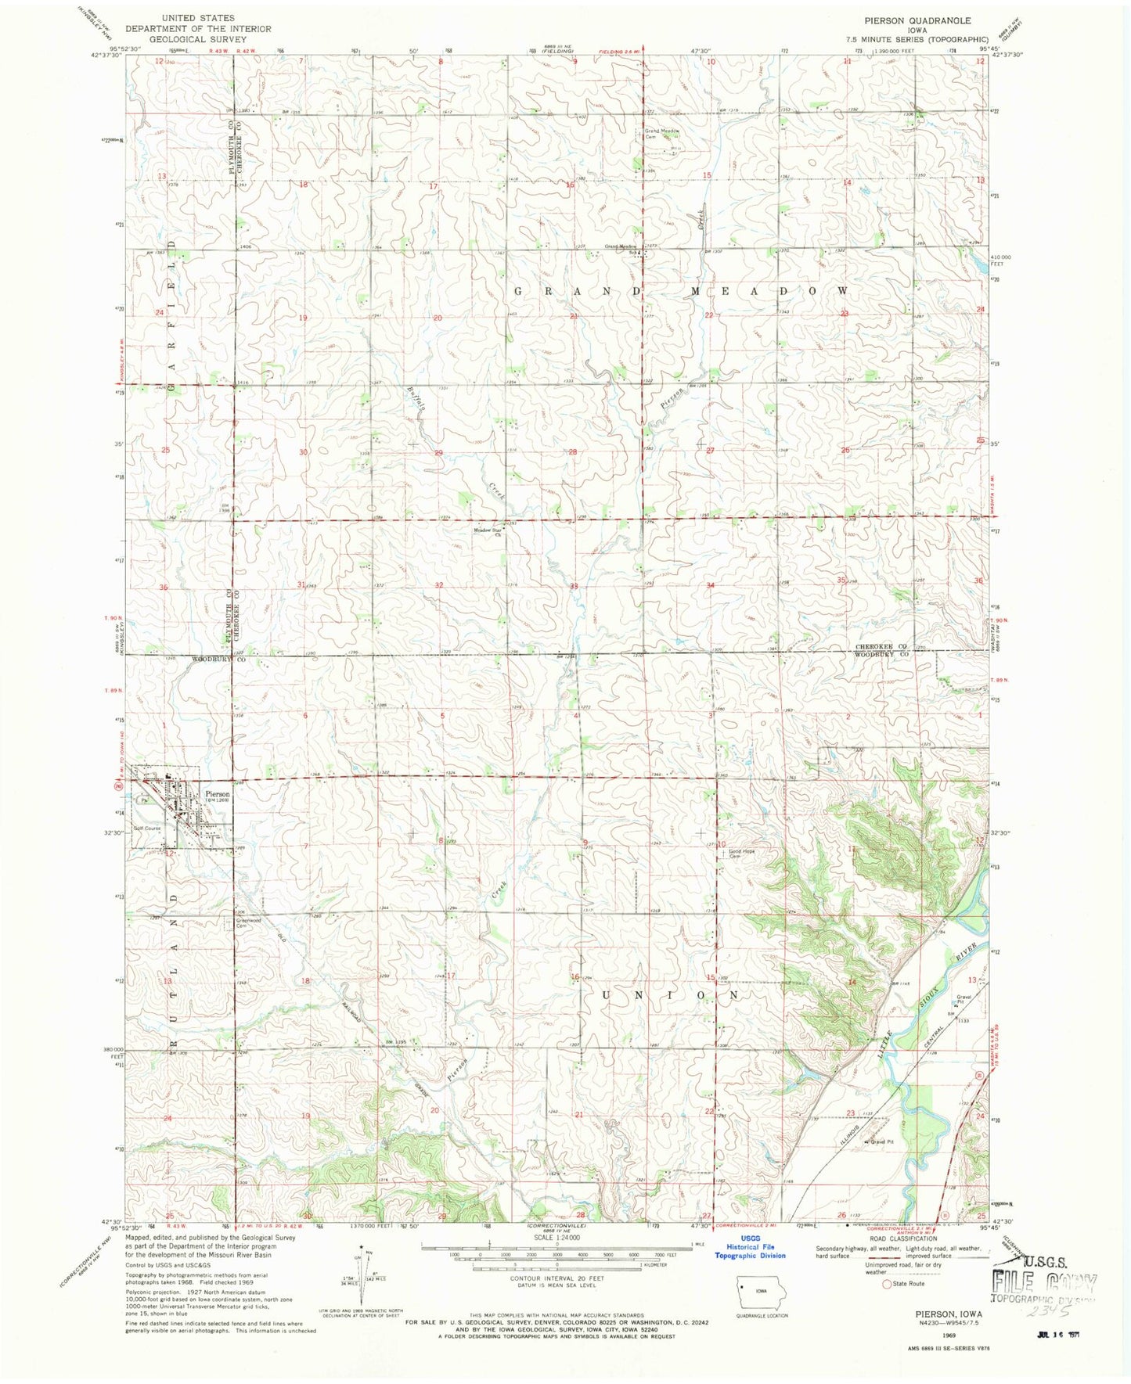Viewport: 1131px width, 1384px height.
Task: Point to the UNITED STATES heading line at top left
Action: click(197, 17)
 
